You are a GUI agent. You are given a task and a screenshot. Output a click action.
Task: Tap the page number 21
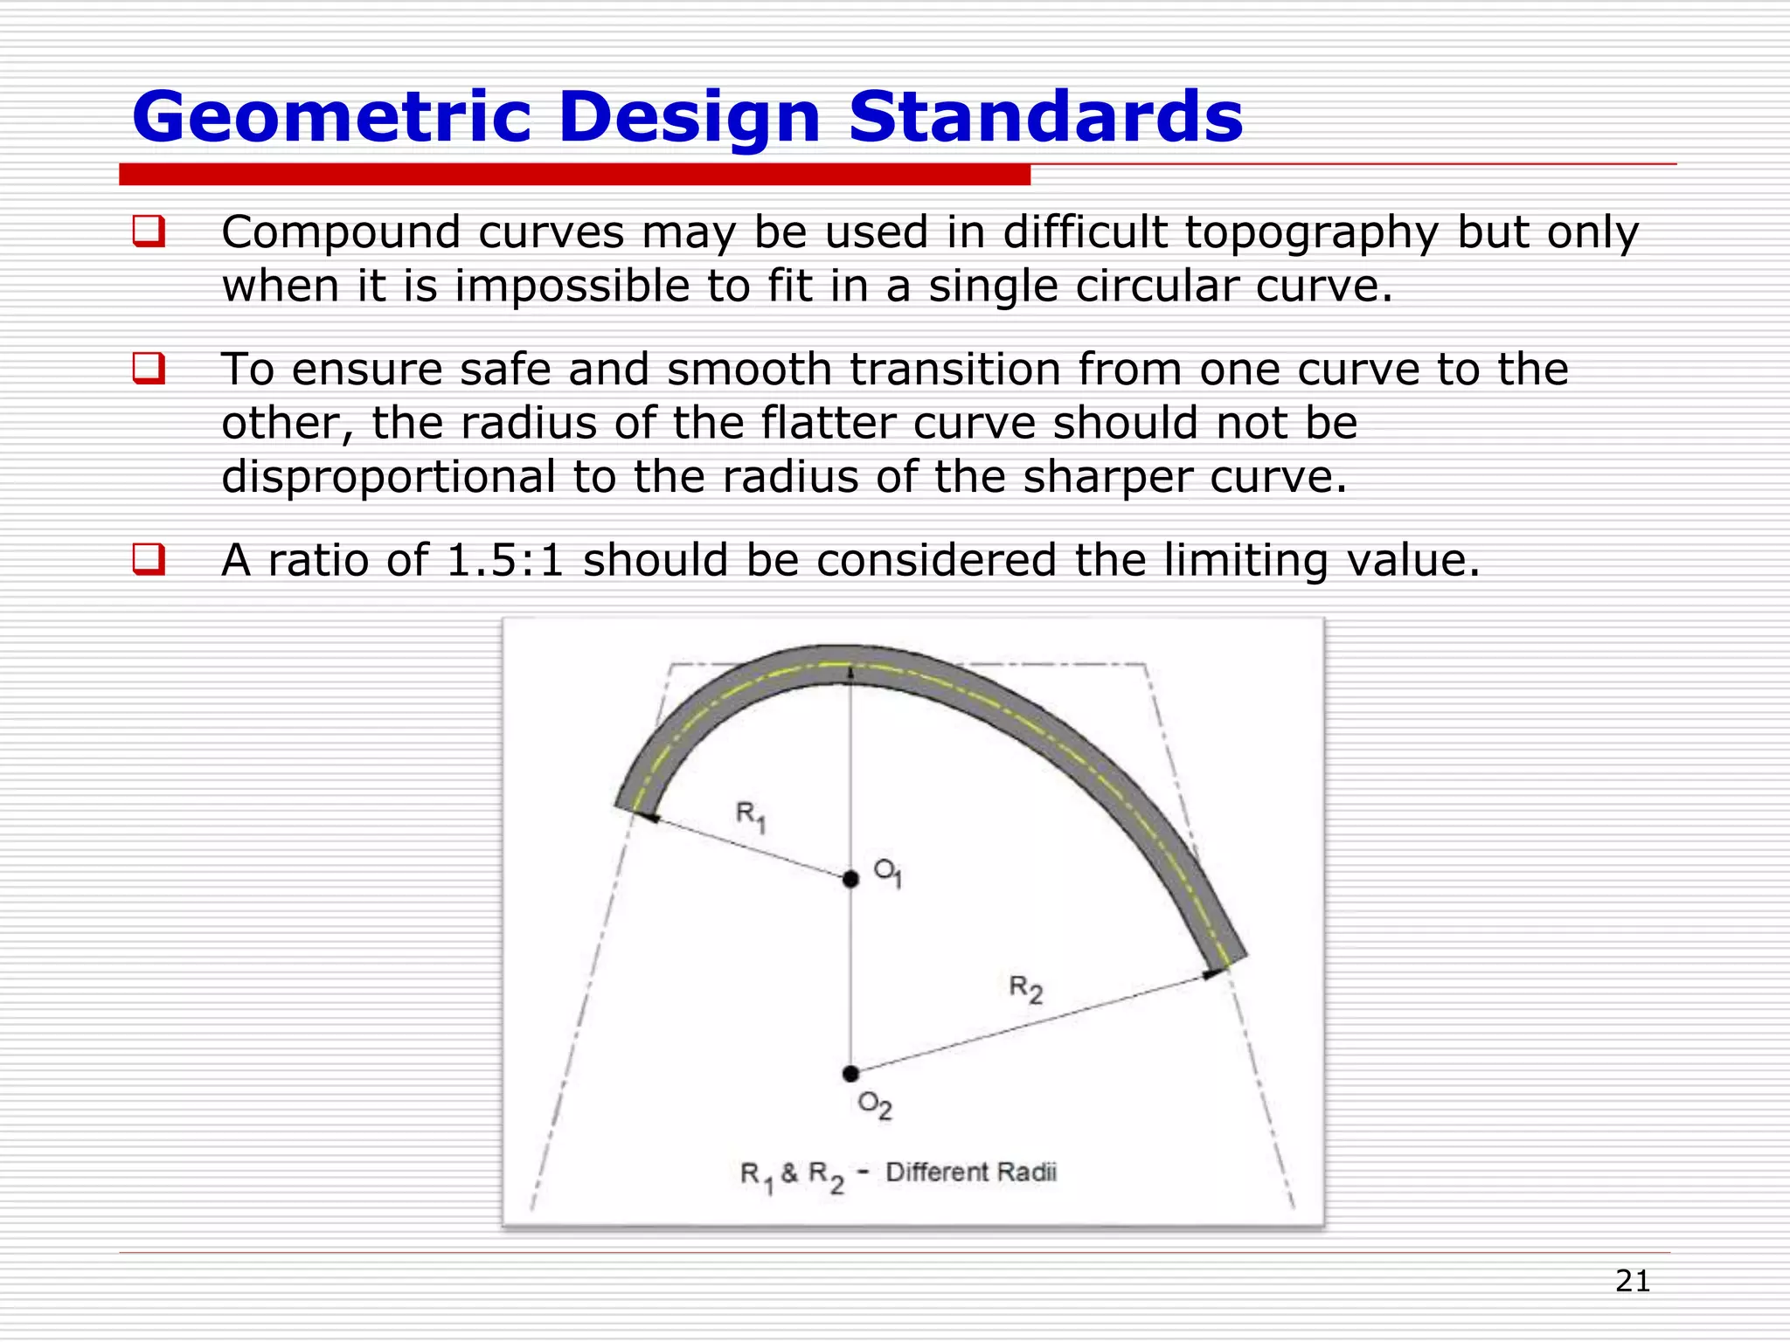point(1632,1281)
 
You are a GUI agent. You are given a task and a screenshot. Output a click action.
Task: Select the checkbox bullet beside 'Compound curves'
point(149,232)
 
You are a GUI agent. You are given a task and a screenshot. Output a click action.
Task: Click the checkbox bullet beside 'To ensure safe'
point(149,368)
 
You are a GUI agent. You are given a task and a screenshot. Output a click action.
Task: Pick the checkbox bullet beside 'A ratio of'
point(149,559)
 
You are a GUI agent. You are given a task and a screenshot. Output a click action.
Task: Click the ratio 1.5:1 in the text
point(504,560)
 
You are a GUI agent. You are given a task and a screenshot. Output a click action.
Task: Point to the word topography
point(1311,234)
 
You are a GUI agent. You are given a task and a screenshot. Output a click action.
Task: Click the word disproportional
point(388,478)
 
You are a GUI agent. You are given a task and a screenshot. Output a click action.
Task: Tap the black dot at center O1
point(850,879)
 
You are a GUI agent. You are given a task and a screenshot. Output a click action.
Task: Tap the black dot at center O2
point(850,1074)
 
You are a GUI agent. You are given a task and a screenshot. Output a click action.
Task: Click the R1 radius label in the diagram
point(751,817)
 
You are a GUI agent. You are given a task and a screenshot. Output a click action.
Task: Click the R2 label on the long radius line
point(1026,989)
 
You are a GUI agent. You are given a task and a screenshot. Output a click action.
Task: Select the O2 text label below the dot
point(875,1106)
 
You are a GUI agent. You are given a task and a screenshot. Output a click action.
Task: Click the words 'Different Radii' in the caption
point(971,1173)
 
